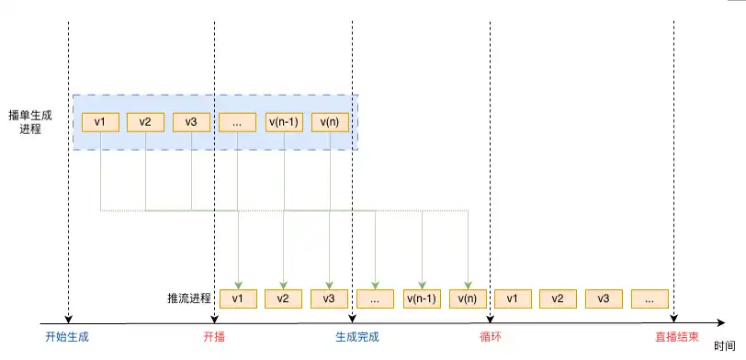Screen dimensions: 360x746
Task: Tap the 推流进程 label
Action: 189,298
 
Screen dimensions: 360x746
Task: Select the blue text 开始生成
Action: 67,337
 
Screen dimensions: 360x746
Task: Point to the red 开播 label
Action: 214,337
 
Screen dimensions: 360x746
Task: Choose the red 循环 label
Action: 490,337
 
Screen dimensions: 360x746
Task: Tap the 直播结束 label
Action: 675,337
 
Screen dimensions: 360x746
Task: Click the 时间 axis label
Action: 724,346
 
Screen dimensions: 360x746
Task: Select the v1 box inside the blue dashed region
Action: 100,121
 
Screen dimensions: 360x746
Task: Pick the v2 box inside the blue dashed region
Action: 146,121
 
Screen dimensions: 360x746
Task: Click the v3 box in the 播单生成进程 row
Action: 192,121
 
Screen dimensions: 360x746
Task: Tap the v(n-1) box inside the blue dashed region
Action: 284,121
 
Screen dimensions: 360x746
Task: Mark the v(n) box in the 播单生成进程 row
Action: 330,121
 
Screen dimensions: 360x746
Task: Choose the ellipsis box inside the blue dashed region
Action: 238,121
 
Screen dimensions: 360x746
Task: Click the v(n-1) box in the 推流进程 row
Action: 422,298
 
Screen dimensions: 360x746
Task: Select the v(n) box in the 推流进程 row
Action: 468,298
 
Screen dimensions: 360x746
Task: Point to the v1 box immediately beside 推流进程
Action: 238,298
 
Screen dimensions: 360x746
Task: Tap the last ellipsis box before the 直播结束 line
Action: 650,298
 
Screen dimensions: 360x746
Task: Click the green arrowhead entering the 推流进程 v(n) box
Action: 469,285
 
